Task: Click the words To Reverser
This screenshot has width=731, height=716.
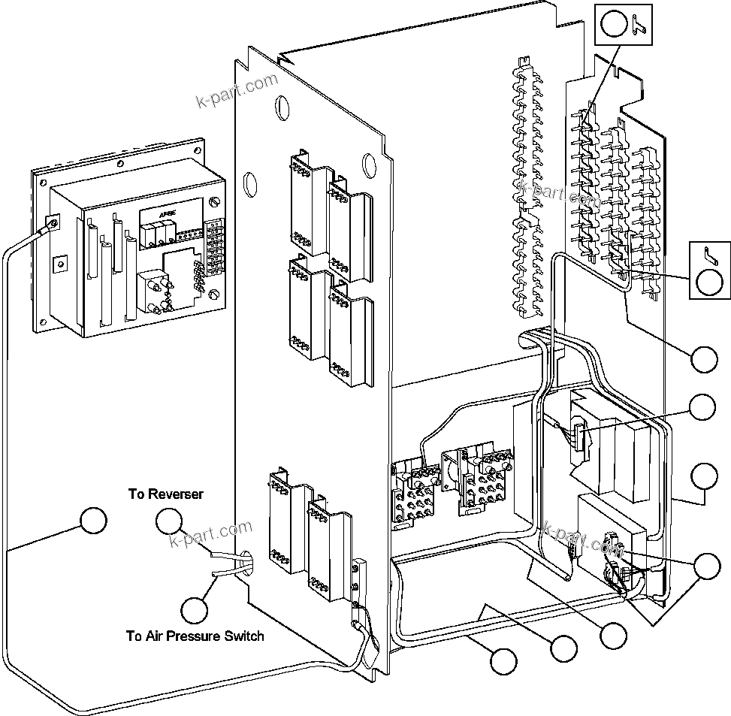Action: pos(165,494)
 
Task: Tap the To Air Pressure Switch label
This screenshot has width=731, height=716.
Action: pos(195,636)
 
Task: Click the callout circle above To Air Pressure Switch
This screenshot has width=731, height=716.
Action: pos(195,609)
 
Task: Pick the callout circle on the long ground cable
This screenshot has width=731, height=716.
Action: pos(93,521)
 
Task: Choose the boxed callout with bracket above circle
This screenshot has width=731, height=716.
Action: pos(709,269)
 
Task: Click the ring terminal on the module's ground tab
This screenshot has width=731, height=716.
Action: pos(53,223)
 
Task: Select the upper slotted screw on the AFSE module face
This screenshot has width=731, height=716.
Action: pos(216,202)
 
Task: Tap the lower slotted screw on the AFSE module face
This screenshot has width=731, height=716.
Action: pos(216,294)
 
